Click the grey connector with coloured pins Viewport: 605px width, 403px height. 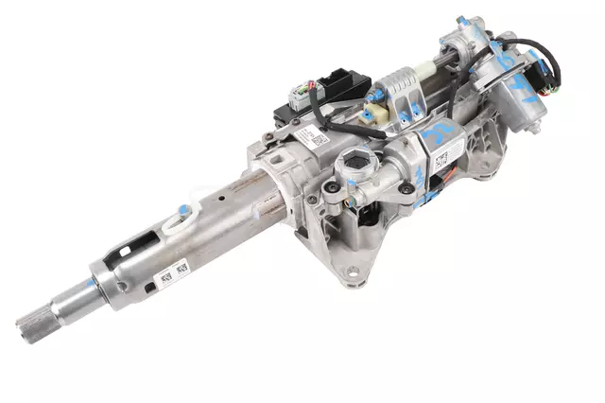click(x=301, y=99)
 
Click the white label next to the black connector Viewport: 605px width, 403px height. click(x=311, y=139)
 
